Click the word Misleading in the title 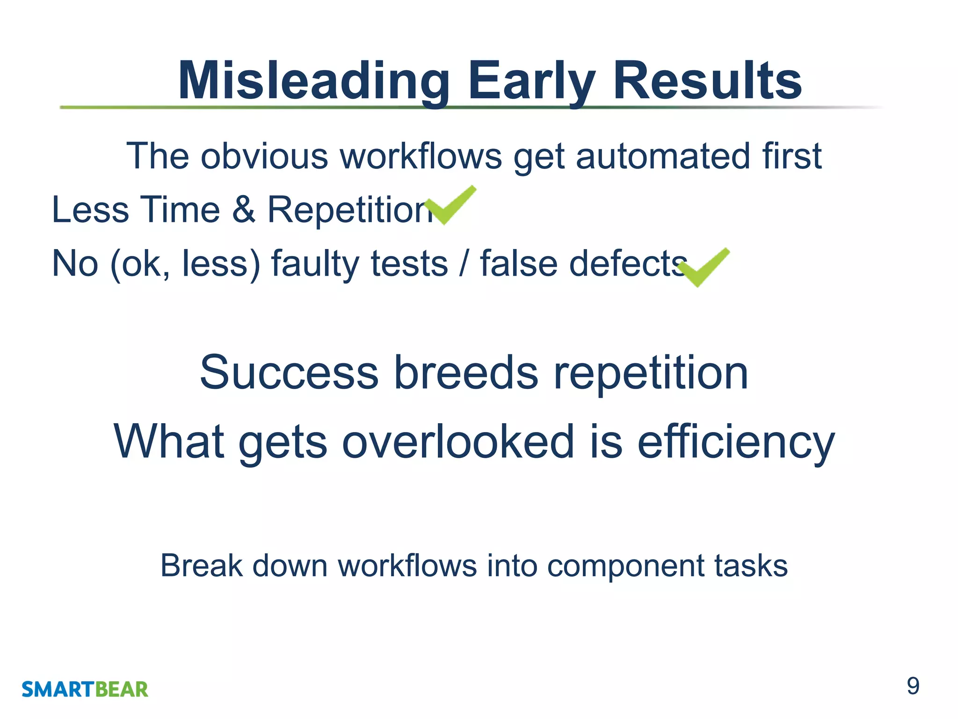(x=313, y=82)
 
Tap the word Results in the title (x=707, y=82)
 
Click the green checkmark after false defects (x=704, y=267)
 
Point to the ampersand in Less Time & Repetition (x=244, y=209)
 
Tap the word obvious (x=265, y=156)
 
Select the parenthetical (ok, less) (x=185, y=264)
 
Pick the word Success (x=289, y=373)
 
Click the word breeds (x=466, y=373)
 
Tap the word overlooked (x=458, y=441)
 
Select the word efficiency (x=736, y=441)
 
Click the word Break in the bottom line (x=201, y=565)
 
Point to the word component (x=625, y=566)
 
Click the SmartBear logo (x=85, y=690)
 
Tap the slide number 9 (x=913, y=686)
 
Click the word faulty (x=312, y=264)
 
